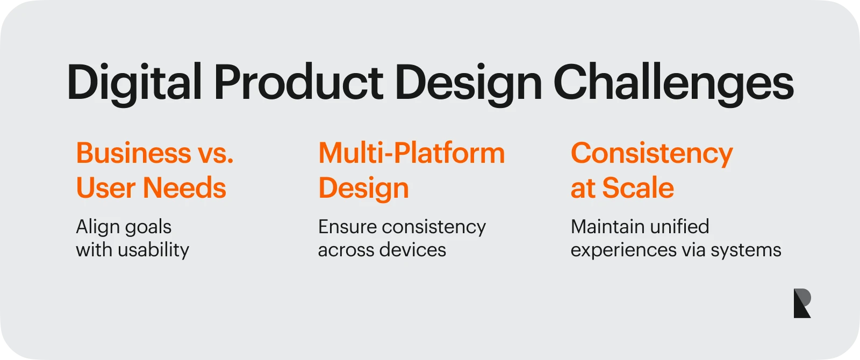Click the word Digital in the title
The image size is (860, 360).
(134, 83)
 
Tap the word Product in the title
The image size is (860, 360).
(298, 83)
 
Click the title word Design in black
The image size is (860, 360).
(468, 83)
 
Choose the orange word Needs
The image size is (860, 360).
(184, 188)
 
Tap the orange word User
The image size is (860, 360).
(106, 188)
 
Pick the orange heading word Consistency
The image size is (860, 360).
(651, 154)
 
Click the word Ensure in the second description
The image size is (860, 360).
(347, 226)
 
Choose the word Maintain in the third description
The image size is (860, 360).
(605, 226)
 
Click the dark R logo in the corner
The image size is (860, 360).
(801, 303)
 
